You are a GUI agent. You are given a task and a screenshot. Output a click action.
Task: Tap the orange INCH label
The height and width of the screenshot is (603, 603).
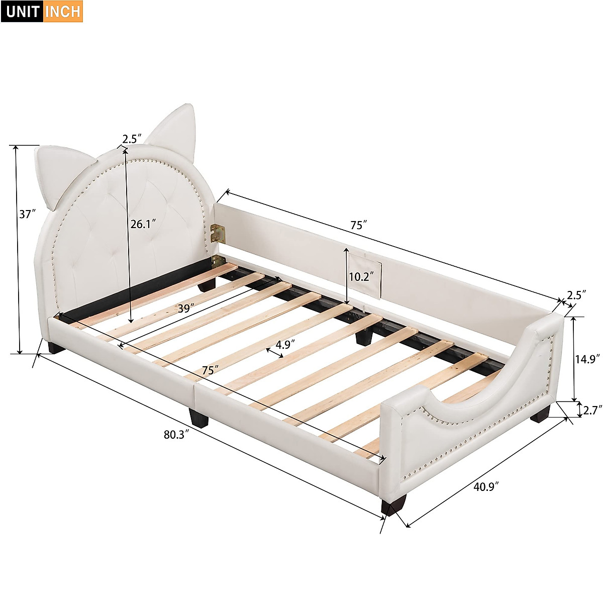point(63,12)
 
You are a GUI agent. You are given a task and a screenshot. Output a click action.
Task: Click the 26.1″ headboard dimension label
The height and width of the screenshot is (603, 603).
point(143,224)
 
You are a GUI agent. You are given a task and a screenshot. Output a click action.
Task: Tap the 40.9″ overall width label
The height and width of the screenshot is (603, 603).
point(485,486)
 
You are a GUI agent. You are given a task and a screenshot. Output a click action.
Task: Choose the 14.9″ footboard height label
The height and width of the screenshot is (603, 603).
point(587,359)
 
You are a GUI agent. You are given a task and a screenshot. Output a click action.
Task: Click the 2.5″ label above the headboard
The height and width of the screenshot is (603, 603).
point(132,138)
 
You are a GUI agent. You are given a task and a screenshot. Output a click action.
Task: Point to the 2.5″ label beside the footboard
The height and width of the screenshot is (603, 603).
point(576,295)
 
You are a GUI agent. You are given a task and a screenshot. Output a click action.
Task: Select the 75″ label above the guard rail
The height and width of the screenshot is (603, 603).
point(359,225)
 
